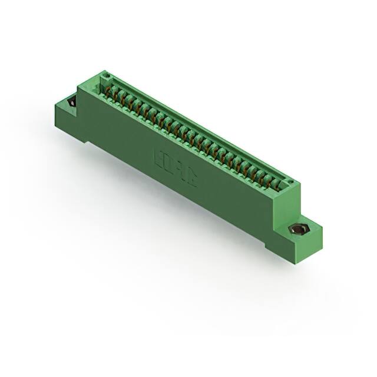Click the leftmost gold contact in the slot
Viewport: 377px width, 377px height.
(109, 91)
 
